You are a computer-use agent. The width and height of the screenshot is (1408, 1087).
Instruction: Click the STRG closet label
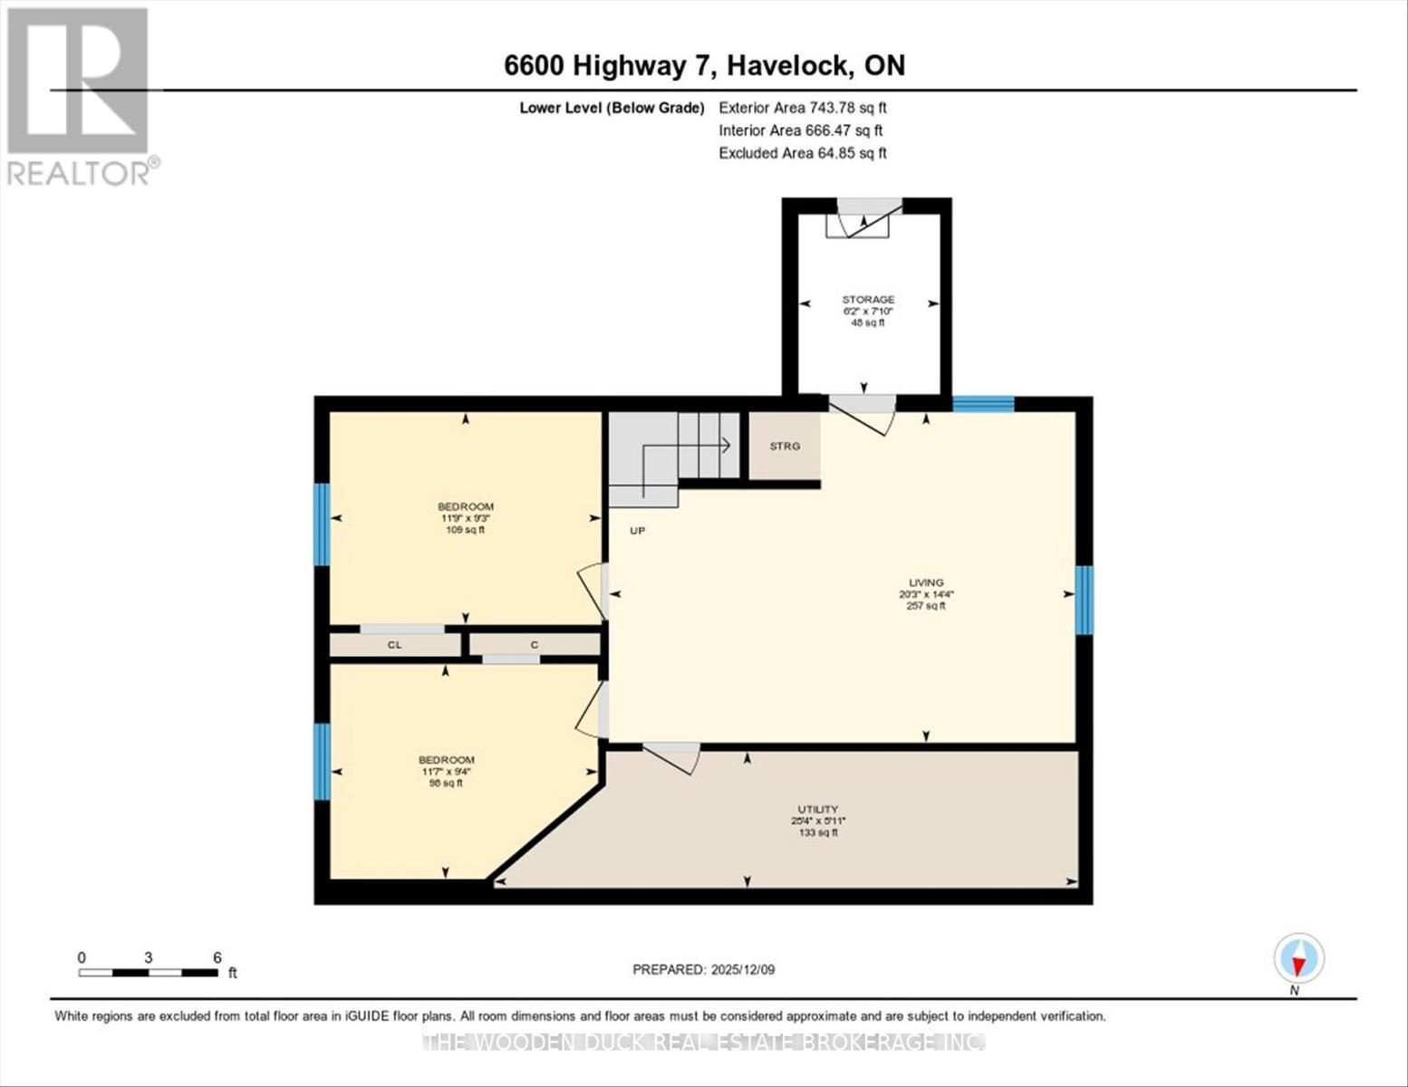point(785,447)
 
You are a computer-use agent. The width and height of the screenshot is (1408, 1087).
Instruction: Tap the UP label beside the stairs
point(638,531)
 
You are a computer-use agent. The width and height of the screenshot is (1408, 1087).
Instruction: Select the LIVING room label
point(926,582)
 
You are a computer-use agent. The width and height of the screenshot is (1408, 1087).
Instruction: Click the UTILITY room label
point(817,809)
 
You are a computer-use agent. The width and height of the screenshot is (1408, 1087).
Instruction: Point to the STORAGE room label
point(868,300)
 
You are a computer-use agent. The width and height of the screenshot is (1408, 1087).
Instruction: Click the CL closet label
point(394,645)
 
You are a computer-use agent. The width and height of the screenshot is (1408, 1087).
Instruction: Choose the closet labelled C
point(535,645)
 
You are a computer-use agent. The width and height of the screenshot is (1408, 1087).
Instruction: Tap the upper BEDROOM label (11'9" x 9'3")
point(466,506)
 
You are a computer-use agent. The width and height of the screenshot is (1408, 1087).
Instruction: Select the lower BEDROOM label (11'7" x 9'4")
point(446,760)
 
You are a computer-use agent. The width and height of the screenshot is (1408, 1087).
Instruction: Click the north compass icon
point(1299,958)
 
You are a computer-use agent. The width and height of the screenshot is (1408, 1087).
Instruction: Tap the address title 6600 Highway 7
point(704,65)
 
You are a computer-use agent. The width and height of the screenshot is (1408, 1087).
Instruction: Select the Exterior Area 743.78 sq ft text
point(802,108)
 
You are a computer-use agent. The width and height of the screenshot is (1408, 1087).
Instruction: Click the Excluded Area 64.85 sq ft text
point(802,153)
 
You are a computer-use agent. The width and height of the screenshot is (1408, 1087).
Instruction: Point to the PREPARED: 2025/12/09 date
point(703,969)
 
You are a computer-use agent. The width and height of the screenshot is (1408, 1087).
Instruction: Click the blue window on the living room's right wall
point(1084,600)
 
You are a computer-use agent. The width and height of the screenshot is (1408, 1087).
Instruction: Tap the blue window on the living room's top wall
point(983,404)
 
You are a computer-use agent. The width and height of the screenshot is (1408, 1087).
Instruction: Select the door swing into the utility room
point(673,757)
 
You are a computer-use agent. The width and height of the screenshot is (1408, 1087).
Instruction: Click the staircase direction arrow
point(725,445)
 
